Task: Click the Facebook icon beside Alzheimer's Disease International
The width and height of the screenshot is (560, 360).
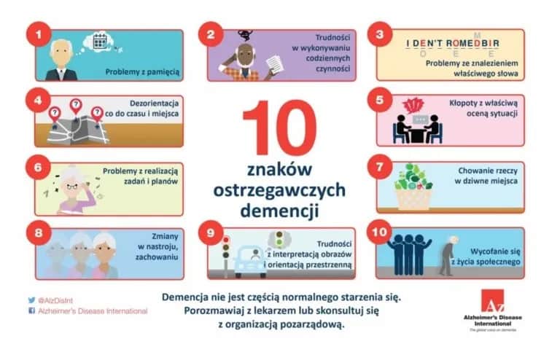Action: (31, 310)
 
